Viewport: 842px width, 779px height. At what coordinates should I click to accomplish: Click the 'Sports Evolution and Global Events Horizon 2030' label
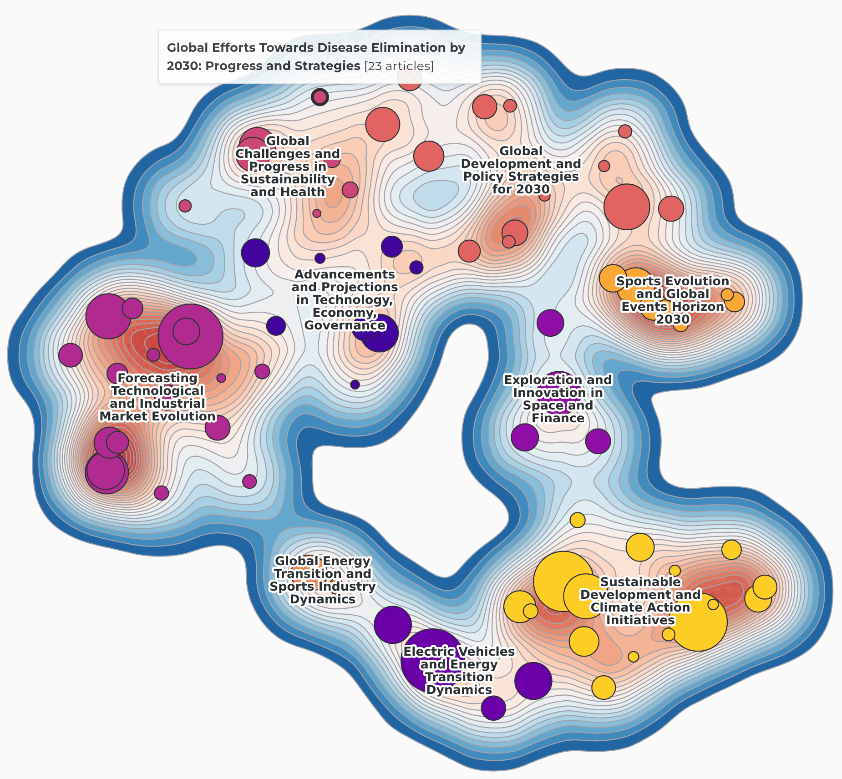click(672, 300)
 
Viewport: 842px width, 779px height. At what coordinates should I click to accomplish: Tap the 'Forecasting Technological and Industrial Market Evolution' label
click(157, 397)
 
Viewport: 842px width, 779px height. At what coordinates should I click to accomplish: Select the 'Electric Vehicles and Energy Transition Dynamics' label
click(459, 671)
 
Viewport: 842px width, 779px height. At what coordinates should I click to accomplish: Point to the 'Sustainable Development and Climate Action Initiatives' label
click(640, 601)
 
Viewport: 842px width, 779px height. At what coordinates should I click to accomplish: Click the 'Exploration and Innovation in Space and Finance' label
click(558, 399)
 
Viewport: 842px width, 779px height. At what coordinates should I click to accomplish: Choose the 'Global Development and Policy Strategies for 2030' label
click(521, 170)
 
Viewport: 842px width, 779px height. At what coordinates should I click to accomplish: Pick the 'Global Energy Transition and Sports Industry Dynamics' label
click(322, 580)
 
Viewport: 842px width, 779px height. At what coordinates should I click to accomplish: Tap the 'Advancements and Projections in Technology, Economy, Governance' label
click(345, 300)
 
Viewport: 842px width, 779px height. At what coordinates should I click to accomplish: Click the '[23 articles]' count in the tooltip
click(399, 66)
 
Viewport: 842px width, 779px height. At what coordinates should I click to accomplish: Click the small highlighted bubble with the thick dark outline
click(320, 97)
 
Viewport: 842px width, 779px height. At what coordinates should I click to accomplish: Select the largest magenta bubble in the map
click(191, 336)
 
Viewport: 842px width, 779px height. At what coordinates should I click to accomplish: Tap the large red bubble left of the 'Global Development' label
click(429, 156)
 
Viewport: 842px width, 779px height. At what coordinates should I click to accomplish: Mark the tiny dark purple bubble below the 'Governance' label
click(355, 384)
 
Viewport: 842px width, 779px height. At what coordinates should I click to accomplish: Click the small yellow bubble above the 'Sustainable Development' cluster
click(578, 520)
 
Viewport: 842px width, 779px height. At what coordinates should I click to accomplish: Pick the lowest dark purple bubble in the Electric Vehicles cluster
click(493, 708)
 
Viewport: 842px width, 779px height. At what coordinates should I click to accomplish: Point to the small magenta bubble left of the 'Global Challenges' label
click(185, 206)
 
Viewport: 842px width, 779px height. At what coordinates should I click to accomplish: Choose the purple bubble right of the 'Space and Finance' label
click(598, 441)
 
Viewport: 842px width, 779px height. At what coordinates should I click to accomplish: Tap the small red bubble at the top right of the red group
click(625, 132)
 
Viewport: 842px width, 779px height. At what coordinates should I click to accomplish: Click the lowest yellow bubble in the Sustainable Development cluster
click(604, 687)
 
